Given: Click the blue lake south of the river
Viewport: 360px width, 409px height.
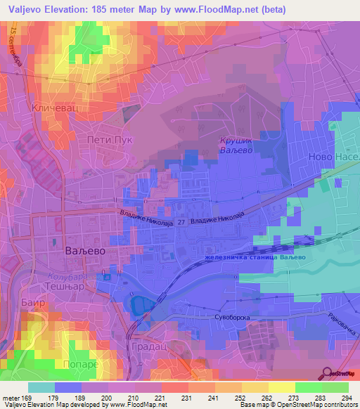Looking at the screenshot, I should point(140,304).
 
